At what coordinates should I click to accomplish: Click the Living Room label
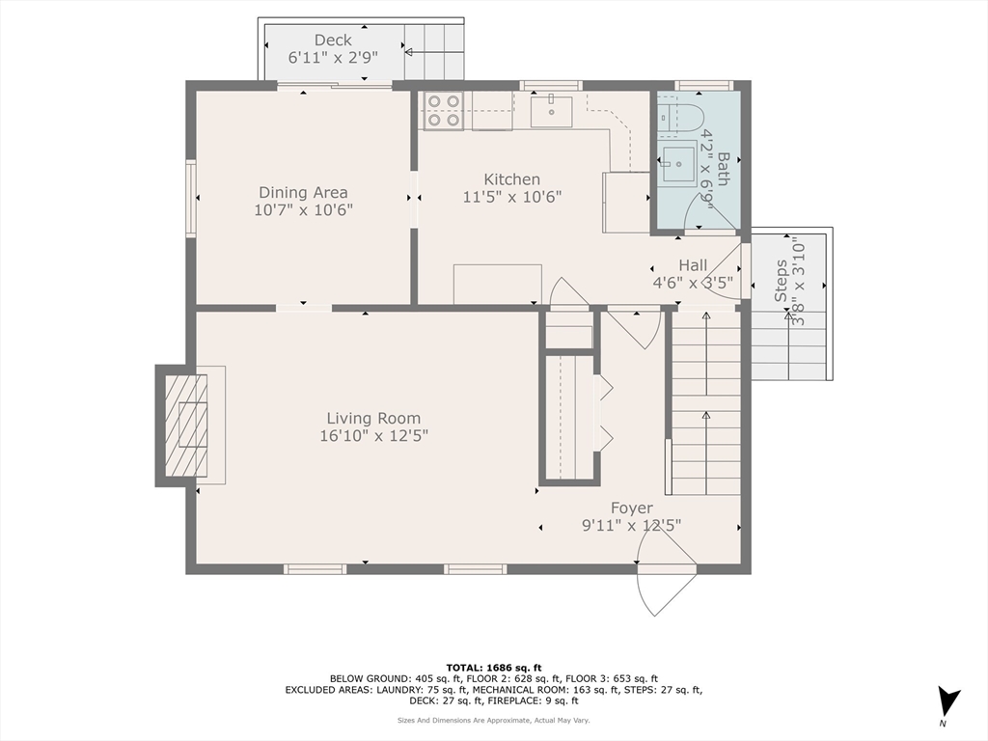(373, 418)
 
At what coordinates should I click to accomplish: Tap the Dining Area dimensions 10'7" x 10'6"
(303, 209)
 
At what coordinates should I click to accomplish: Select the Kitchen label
(511, 179)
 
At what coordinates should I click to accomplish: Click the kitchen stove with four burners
(443, 111)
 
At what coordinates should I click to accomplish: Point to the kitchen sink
(551, 112)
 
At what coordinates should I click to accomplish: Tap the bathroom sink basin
(678, 164)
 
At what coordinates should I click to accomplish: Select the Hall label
(693, 265)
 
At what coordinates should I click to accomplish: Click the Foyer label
(631, 508)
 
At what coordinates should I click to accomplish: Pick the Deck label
(333, 41)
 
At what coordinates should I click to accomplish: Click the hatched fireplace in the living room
(186, 425)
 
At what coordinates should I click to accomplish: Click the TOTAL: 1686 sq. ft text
(494, 668)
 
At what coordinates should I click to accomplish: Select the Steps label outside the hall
(781, 281)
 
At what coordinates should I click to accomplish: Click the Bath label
(722, 169)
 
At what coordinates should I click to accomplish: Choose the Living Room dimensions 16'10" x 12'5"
(373, 435)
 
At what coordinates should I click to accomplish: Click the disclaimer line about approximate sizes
(493, 720)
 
